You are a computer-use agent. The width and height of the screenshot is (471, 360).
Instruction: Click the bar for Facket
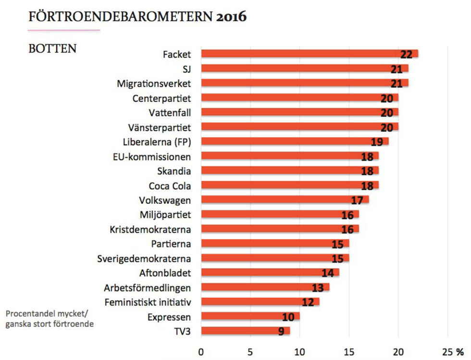coord(308,54)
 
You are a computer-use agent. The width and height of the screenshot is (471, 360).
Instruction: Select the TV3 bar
coord(245,331)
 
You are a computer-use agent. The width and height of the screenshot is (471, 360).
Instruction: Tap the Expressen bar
coord(250,316)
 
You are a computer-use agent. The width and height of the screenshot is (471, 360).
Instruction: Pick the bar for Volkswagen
coord(284,199)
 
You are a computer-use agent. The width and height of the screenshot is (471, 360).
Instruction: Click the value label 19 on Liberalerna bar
coord(376,142)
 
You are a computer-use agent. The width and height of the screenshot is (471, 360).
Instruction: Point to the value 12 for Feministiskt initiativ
coord(308,302)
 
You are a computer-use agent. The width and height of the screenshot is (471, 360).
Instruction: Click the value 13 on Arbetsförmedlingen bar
coord(318,288)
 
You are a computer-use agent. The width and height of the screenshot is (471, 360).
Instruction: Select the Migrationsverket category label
coord(154,84)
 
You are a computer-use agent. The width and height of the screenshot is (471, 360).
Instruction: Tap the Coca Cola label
coord(170,186)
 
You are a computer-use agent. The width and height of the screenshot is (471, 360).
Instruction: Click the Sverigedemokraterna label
coord(144,259)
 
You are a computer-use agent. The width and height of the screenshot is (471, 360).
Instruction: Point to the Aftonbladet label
coord(165,273)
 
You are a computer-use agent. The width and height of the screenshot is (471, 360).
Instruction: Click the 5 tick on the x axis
coord(250,351)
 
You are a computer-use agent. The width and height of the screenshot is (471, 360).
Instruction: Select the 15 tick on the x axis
coord(348,351)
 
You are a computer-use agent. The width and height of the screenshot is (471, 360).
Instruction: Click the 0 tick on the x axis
coord(201,351)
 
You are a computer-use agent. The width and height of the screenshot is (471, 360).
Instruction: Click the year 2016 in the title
coord(231,16)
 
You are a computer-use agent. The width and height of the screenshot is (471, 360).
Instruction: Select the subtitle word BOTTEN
coord(52,49)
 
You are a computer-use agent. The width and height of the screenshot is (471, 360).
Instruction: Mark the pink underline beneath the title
coord(64,30)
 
